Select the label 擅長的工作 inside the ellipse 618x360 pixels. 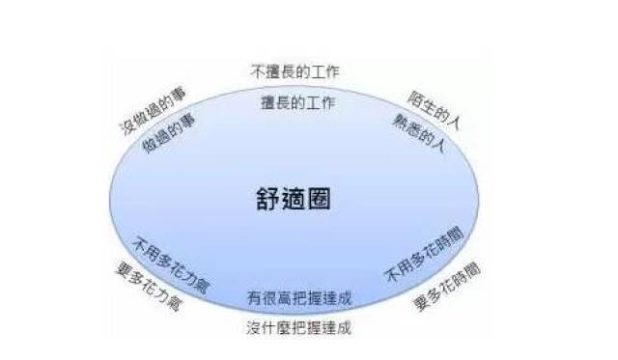298,100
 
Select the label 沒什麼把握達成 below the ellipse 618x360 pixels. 299,327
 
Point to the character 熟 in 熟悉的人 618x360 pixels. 400,119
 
